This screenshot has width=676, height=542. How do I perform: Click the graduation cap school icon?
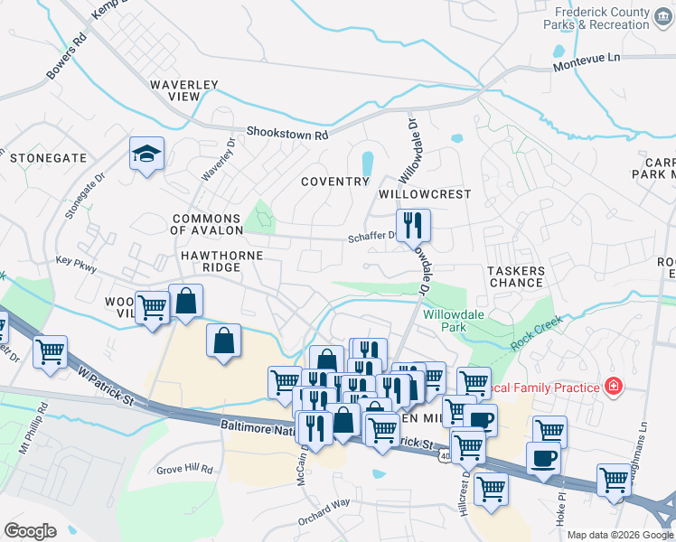(146, 154)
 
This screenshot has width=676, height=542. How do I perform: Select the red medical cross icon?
(614, 387)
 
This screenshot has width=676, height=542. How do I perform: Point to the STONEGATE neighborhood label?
(48, 157)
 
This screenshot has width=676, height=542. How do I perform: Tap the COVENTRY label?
(335, 181)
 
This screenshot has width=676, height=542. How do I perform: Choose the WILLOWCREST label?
(425, 194)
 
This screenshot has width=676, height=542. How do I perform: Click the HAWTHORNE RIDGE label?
(221, 262)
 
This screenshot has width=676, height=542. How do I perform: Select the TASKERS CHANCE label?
(516, 276)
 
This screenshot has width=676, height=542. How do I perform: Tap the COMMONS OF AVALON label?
(206, 224)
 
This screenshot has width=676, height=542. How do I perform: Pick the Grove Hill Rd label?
(183, 470)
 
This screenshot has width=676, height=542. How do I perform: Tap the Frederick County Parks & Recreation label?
(603, 18)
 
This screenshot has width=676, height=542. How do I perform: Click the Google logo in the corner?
(30, 530)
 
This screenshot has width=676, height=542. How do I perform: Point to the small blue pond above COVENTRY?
(368, 164)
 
